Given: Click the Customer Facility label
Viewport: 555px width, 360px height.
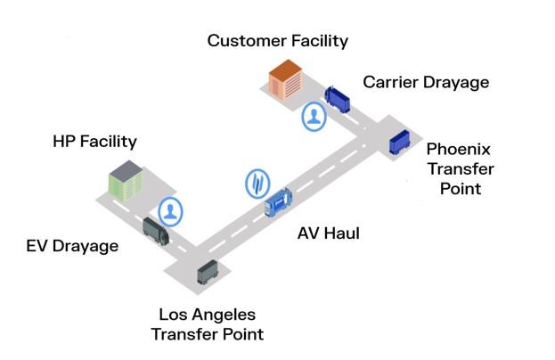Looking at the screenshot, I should tap(277, 40).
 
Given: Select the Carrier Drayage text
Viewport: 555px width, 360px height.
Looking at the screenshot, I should tap(426, 82).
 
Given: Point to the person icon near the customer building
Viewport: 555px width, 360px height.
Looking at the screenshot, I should tap(313, 117).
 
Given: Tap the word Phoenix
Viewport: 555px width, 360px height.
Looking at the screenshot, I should tap(458, 148).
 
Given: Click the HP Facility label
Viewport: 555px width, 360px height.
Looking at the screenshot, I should tap(94, 141).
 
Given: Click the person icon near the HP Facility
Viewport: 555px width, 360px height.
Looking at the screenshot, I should tap(171, 211).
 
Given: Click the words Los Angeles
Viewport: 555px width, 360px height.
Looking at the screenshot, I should tap(207, 315).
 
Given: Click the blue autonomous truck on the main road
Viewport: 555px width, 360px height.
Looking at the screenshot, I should tap(279, 202).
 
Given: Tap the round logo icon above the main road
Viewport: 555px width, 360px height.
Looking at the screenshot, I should tap(257, 183).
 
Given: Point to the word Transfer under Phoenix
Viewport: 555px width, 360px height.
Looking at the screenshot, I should tap(460, 168).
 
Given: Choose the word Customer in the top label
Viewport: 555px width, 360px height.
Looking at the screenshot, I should tap(242, 40).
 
